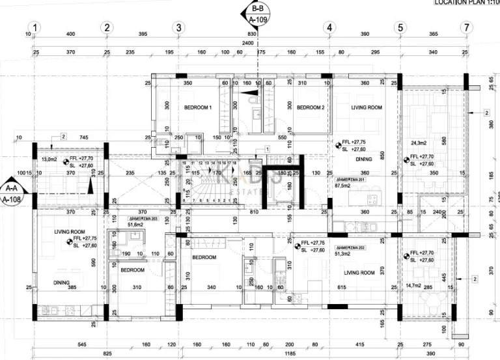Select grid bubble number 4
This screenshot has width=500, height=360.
[x=330, y=27]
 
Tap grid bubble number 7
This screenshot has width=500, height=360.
[x=465, y=27]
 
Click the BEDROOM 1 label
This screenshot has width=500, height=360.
[x=198, y=107]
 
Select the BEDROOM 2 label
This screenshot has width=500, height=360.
[x=311, y=107]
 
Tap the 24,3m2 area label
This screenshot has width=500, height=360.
[x=418, y=143]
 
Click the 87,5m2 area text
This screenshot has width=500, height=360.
[x=343, y=186]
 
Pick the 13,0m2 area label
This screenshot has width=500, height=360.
[x=49, y=159]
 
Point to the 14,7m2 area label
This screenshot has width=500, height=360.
[x=413, y=285]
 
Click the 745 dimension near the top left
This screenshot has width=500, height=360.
[x=83, y=137]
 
